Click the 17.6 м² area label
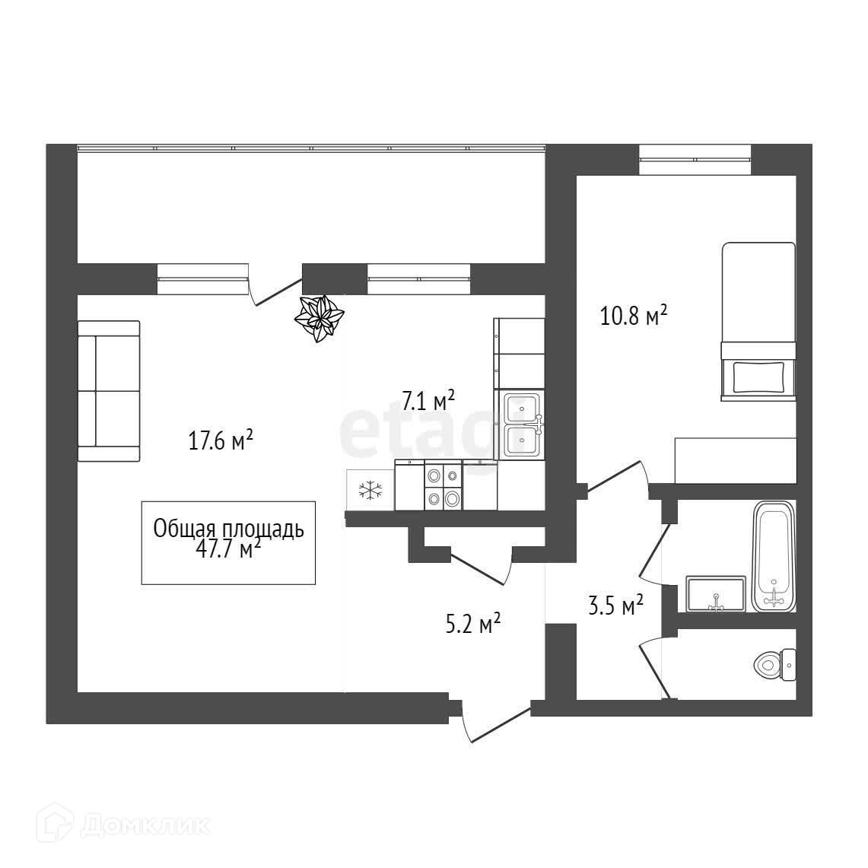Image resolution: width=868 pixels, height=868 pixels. (x=221, y=440)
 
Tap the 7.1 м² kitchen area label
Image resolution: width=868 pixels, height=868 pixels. (x=428, y=401)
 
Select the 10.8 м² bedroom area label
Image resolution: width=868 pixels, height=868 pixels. (x=634, y=315)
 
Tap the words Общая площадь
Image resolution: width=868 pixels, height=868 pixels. (x=228, y=529)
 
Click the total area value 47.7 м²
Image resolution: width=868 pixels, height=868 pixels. (x=228, y=548)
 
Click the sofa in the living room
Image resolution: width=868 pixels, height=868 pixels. (x=109, y=391)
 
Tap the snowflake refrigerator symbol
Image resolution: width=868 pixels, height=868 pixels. (x=370, y=491)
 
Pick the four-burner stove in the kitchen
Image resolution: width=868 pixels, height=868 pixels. (x=443, y=487)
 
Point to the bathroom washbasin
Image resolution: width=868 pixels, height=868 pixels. (x=716, y=593)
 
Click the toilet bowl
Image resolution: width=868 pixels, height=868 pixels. (x=773, y=665)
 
